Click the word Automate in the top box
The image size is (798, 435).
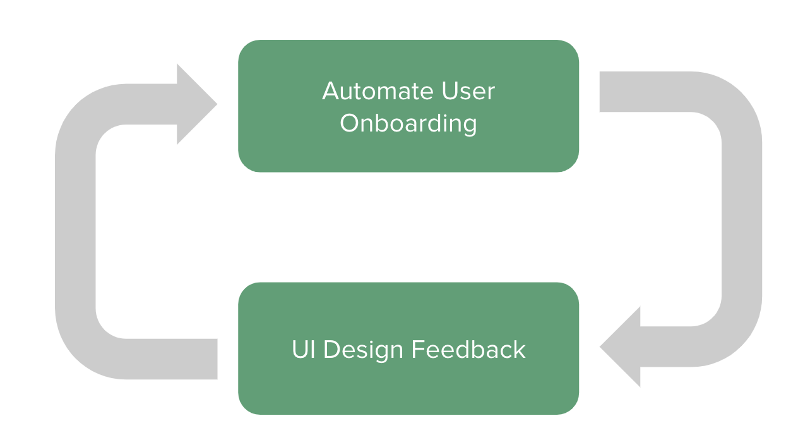pos(378,91)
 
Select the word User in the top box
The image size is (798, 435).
pos(468,91)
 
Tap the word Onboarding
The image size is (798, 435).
pos(408,124)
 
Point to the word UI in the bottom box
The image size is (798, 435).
pos(304,350)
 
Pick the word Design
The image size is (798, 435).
pos(363,350)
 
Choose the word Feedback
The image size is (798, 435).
pos(468,350)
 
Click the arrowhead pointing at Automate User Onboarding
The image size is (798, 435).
pos(197,104)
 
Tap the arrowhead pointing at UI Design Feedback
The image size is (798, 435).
pos(620,346)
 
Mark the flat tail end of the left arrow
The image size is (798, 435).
pos(217,359)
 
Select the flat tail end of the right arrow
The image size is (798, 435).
pos(600,92)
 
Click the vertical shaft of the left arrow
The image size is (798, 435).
pos(75,232)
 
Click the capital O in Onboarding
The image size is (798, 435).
pos(350,123)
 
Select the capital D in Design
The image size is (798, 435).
pos(331,350)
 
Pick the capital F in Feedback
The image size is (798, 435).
pos(418,350)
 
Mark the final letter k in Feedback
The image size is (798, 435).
pos(520,349)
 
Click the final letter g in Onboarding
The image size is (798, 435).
pos(470,126)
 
